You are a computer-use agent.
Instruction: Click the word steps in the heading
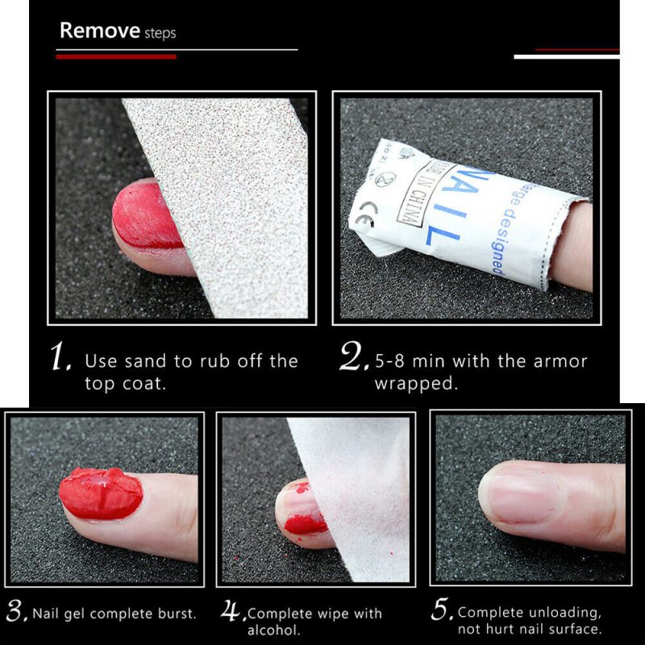(160, 34)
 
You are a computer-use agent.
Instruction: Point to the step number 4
(232, 612)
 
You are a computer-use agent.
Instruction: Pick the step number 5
(442, 612)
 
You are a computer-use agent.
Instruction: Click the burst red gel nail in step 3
(101, 493)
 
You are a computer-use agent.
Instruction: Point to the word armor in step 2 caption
(559, 361)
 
